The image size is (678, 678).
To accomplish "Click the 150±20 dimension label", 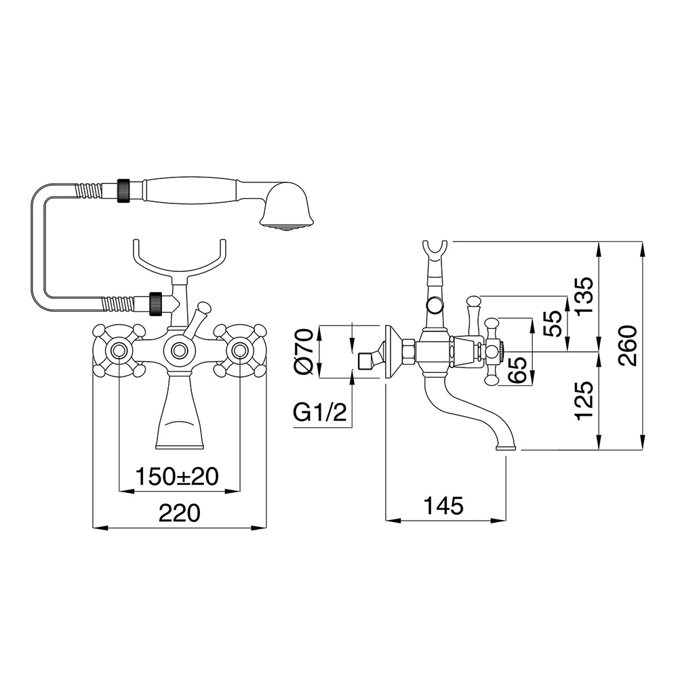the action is tap(177, 477).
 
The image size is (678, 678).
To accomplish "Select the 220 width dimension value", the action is tap(180, 513).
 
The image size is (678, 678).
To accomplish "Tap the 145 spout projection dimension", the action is tap(443, 506).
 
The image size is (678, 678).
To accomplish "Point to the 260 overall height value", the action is tap(628, 346).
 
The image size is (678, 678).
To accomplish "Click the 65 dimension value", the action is tap(519, 370).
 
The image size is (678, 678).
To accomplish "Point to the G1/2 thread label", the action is tap(320, 414).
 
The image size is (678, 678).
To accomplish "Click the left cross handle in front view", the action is tap(119, 351).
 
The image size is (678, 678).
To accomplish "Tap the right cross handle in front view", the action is tap(239, 351).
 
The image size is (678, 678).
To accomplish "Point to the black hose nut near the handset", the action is tap(124, 188).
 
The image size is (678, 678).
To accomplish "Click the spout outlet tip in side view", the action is tap(506, 447).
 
